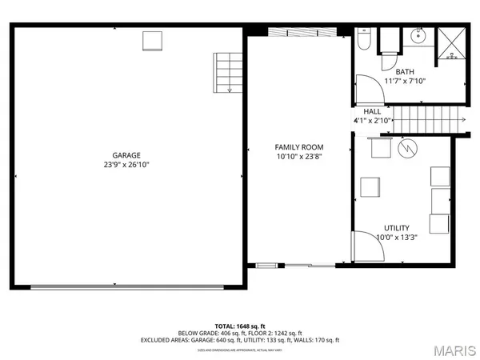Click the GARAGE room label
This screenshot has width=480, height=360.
tap(126, 155)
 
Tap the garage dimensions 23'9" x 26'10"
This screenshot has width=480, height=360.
tap(126, 165)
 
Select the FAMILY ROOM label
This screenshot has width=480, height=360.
tap(299, 147)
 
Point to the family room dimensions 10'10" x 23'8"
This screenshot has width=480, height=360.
tap(299, 157)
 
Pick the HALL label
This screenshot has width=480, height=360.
tap(373, 111)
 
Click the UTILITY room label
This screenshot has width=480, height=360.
tap(397, 227)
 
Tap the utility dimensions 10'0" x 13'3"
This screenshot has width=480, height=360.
tap(397, 237)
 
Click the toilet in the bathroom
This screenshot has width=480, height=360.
tap(364, 38)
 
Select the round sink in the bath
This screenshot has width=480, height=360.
tap(418, 36)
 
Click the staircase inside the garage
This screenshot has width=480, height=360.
tap(227, 73)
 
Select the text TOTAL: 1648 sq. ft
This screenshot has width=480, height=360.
tap(240, 326)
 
